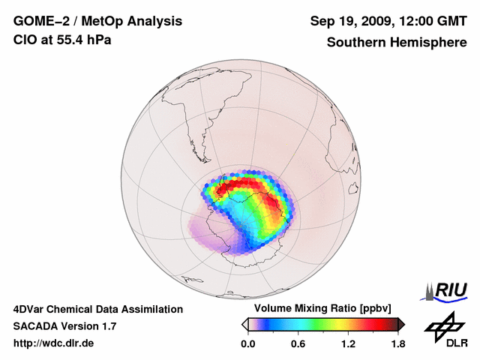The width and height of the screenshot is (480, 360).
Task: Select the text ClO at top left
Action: coord(24,40)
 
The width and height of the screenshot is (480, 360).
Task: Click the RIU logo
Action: coord(449,289)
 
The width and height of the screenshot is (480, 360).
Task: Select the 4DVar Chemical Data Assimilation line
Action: coord(97,309)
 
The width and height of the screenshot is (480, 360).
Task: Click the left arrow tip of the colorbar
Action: coord(244,324)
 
